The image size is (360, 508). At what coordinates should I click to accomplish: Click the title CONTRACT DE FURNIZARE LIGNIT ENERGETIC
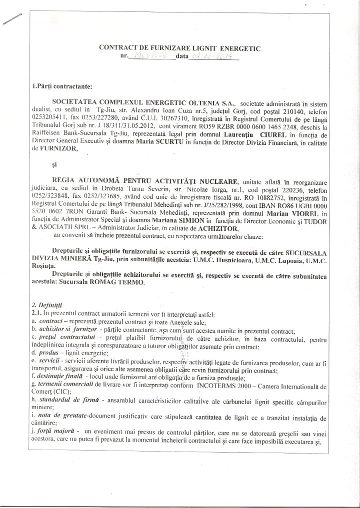point(180,48)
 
